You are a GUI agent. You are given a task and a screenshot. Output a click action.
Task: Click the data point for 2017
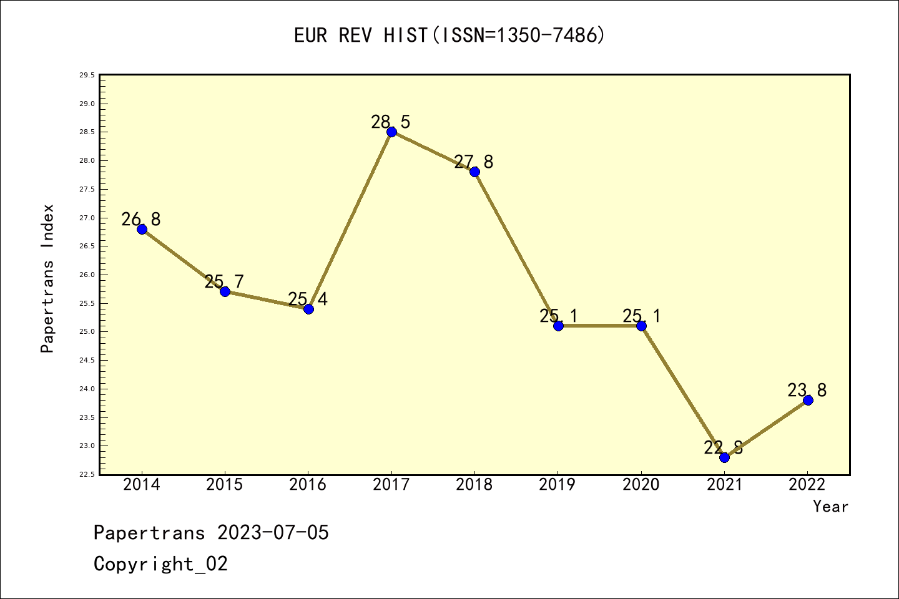391,132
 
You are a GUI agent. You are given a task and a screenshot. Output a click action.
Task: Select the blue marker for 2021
724,457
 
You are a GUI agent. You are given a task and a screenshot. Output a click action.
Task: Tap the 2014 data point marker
142,229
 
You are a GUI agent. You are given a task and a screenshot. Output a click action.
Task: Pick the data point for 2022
808,400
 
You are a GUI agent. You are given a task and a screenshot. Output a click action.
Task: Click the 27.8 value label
474,162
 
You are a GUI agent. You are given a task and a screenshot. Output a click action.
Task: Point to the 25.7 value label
224,281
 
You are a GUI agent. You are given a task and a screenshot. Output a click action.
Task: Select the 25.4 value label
308,299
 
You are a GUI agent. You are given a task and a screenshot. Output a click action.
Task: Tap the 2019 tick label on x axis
558,484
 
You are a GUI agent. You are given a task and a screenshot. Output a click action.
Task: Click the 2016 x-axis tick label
308,484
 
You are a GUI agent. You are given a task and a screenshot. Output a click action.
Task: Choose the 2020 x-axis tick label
641,484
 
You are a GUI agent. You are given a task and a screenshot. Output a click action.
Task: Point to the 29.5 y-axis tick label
87,75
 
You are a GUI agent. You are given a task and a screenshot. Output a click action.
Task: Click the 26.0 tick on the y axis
87,275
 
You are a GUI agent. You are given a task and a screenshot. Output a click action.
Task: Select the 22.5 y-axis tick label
87,474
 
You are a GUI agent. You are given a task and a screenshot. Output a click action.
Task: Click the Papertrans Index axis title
47,278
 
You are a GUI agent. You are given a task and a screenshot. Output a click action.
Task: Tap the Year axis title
830,507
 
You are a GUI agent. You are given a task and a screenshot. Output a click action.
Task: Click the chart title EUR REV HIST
449,36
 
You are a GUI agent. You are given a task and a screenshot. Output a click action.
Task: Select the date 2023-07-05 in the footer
273,533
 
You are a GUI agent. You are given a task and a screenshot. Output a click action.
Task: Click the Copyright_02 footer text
161,564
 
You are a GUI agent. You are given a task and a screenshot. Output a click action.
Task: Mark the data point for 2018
474,172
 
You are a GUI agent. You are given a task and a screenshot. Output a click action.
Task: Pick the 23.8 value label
807,390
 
